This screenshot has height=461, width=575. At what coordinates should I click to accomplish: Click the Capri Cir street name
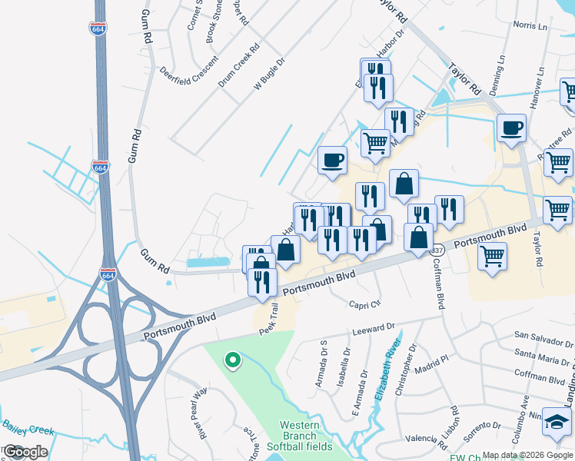coord(364,303)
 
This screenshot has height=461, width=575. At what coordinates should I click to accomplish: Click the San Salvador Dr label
coord(543,336)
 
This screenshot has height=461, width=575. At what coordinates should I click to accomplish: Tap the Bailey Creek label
coord(28,429)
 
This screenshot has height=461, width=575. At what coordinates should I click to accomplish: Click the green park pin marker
coord(231,360)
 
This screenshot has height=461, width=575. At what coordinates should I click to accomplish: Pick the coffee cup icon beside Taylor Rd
coord(511,128)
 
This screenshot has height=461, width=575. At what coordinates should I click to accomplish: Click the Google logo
coord(26,451)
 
